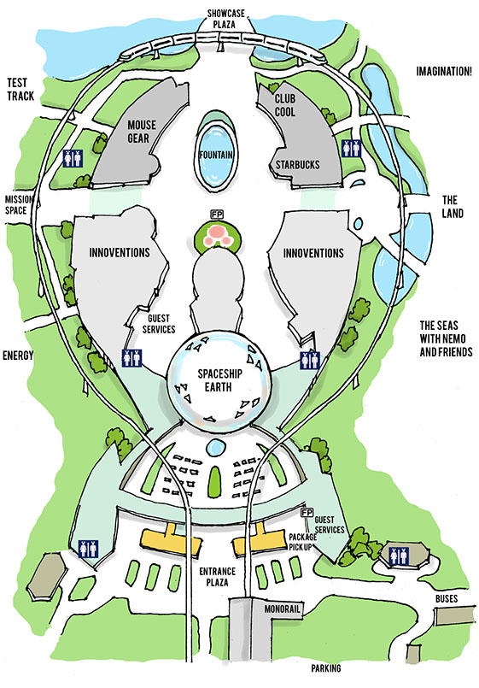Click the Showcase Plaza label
[x=225, y=19]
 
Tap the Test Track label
[x=20, y=89]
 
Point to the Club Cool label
[x=285, y=105]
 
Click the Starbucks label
[x=298, y=165]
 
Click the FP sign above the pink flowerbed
[x=217, y=215]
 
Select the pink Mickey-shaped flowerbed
[x=217, y=236]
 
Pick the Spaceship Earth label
[x=219, y=380]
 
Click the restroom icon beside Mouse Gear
[x=73, y=158]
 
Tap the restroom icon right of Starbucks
[x=352, y=149]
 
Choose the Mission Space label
[x=19, y=205]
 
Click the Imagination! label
[x=444, y=71]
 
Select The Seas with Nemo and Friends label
[x=446, y=338]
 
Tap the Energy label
[x=18, y=355]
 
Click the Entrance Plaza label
[x=218, y=577]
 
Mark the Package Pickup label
[x=302, y=542]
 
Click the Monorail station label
[x=283, y=609]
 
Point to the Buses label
[x=447, y=598]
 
